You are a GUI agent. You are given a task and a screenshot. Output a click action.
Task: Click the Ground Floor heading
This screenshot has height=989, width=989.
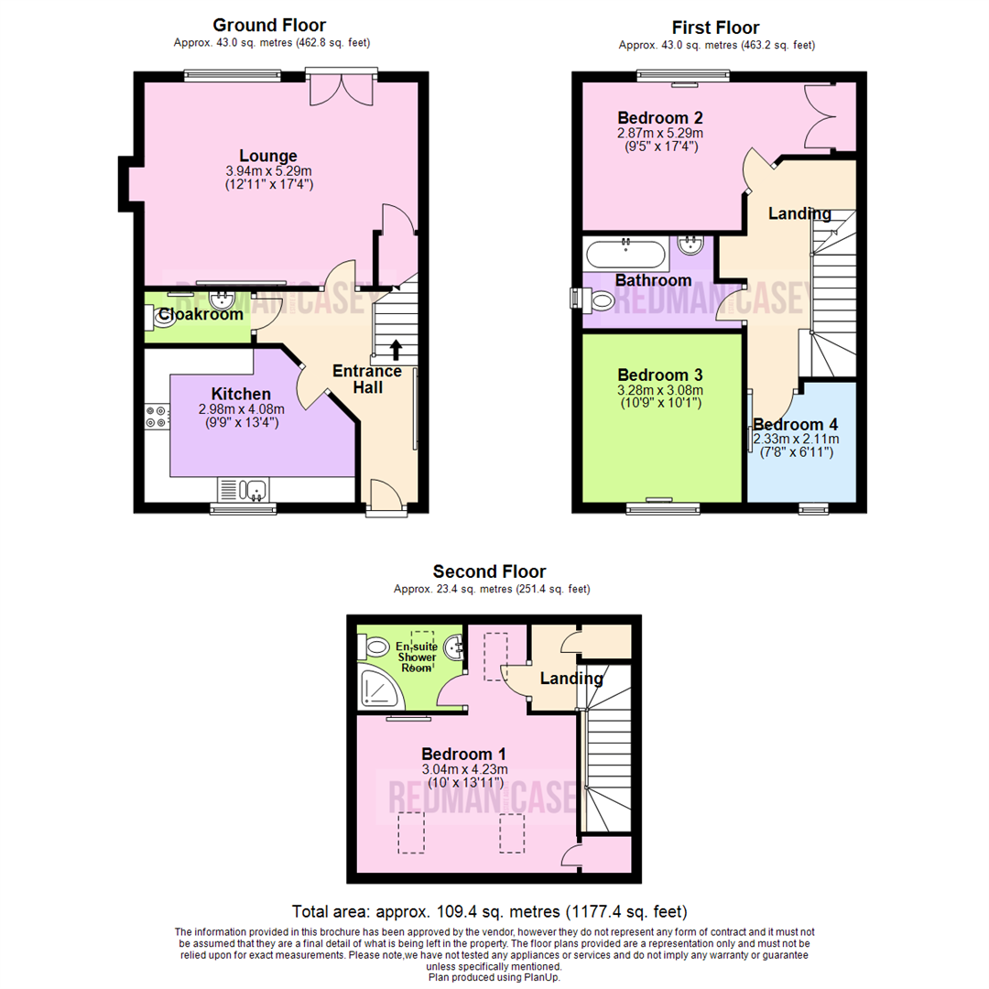[268, 25]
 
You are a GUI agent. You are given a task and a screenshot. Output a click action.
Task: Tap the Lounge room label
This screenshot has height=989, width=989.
[268, 156]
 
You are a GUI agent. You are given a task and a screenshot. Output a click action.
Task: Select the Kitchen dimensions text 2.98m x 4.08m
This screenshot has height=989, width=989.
[242, 409]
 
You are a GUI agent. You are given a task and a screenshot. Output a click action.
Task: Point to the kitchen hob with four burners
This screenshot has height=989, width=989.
[156, 417]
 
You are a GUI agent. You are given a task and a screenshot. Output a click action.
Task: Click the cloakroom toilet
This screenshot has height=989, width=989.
[152, 316]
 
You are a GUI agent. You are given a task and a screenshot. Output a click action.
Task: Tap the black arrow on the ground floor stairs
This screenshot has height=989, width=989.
[396, 349]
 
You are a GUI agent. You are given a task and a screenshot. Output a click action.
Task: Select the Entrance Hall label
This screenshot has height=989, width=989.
[366, 379]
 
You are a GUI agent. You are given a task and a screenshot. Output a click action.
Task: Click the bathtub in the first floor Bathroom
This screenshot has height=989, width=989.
[627, 253]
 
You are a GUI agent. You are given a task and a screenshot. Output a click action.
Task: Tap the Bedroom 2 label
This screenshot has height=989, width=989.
[659, 118]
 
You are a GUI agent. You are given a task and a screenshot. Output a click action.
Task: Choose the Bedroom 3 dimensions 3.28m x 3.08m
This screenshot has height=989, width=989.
[659, 391]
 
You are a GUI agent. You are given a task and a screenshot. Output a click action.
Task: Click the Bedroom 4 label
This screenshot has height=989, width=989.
[795, 425]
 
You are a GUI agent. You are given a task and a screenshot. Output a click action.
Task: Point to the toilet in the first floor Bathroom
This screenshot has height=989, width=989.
[600, 299]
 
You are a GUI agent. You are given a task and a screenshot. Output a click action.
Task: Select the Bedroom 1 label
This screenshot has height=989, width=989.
[464, 754]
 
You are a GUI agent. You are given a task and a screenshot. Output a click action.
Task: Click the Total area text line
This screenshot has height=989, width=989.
[489, 911]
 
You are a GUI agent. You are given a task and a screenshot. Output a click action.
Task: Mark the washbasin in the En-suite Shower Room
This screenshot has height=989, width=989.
[455, 648]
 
